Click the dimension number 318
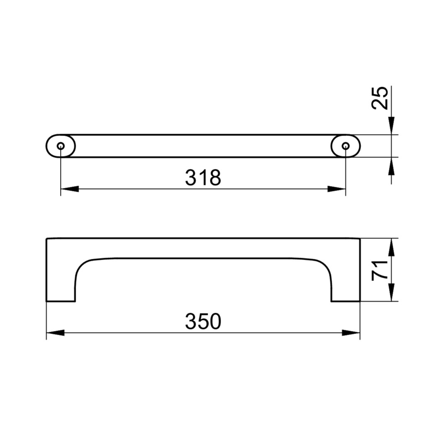coord(203,178)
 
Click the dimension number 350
coord(203,321)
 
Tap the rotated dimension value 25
coord(380,98)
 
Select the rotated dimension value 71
coord(380,270)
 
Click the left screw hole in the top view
coord(61,146)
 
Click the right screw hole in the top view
coord(346,146)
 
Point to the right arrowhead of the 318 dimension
coord(336,189)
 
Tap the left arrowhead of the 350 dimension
coord(55,333)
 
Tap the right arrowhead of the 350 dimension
coord(351,333)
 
